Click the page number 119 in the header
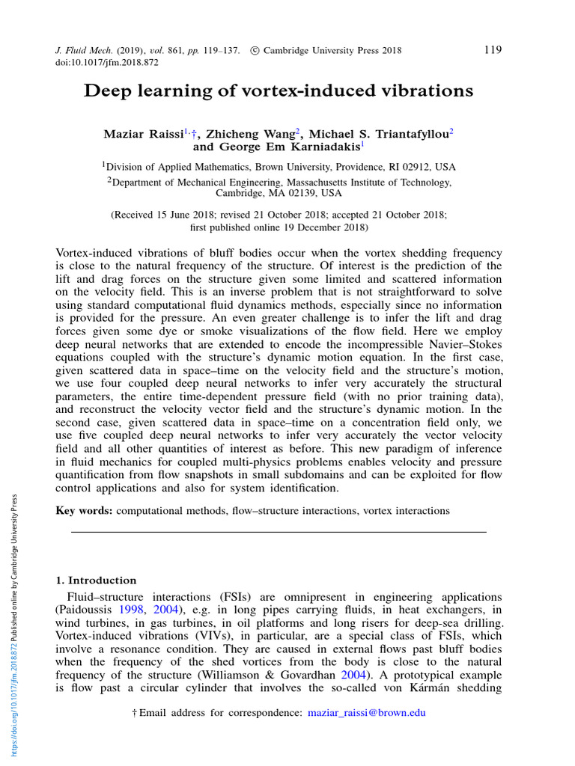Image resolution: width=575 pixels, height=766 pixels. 493,50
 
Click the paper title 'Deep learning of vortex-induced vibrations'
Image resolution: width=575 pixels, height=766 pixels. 279,91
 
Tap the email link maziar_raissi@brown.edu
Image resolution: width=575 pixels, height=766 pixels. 367,713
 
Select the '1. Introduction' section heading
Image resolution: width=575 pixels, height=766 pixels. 97,580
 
